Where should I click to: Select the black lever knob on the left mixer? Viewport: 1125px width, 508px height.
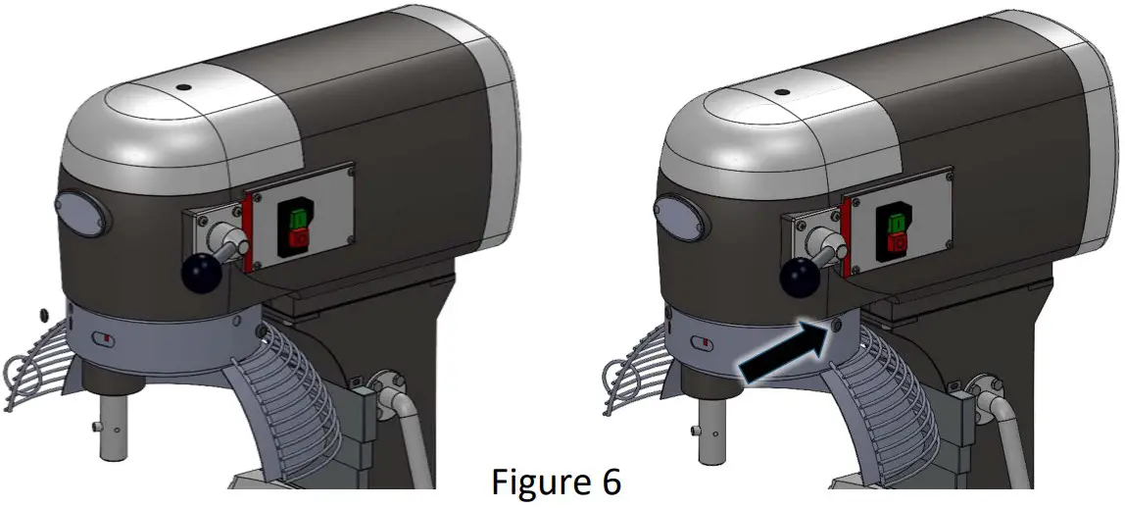coord(201,274)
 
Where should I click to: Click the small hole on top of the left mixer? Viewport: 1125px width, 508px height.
coord(182,86)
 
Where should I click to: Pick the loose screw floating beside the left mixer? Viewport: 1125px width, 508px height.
coord(43,313)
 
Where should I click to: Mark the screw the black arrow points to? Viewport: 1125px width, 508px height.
coord(836,324)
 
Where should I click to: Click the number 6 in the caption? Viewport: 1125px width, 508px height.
coord(609,483)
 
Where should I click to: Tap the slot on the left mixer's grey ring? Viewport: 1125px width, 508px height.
coord(101,339)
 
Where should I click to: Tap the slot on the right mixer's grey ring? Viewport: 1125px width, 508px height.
coord(702,343)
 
